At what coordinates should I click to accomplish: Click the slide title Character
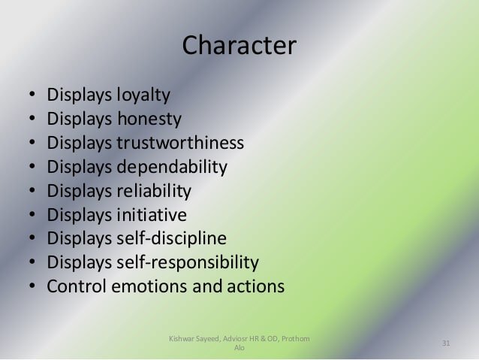(239, 45)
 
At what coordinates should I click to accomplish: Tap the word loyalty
(143, 95)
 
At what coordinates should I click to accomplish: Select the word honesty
(149, 119)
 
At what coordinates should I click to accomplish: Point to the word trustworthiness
(180, 142)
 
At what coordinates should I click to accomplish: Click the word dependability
(172, 167)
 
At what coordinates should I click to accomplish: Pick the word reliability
(154, 191)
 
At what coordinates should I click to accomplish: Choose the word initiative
(152, 214)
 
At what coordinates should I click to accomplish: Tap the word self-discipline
(172, 238)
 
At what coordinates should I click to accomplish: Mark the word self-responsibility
(188, 262)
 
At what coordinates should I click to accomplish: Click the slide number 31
(446, 343)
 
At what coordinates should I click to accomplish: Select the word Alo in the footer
(239, 348)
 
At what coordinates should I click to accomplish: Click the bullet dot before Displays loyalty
(32, 94)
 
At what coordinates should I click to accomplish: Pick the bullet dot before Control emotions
(32, 286)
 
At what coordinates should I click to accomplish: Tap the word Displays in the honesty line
(80, 119)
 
